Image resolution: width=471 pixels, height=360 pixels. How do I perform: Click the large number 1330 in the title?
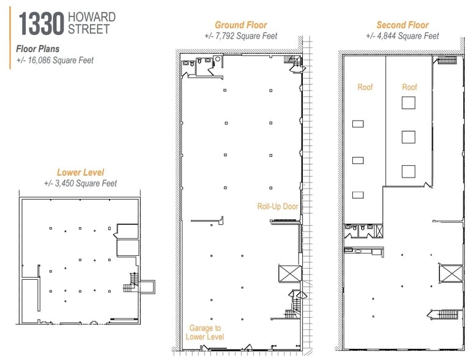click(x=42, y=24)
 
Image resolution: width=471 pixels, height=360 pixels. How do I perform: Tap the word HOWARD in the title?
click(x=92, y=17)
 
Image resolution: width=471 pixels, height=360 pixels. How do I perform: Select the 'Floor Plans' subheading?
click(x=37, y=49)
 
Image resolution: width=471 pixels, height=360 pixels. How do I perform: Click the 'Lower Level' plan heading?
click(x=81, y=172)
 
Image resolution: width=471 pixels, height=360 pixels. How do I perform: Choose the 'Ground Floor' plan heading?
click(x=241, y=24)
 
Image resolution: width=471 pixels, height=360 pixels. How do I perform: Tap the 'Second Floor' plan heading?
click(x=402, y=24)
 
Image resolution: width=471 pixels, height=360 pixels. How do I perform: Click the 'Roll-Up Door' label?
click(x=278, y=206)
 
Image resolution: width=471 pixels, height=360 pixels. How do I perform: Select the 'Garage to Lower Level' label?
click(x=205, y=332)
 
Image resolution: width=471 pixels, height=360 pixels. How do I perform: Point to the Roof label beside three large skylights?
click(x=409, y=87)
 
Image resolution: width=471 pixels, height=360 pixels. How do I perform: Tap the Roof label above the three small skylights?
click(x=365, y=87)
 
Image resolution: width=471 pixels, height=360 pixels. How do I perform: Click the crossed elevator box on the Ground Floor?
click(x=290, y=273)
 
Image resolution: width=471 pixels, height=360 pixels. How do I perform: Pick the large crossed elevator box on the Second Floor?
click(x=451, y=274)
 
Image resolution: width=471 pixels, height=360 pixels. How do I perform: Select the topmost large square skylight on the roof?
click(x=409, y=103)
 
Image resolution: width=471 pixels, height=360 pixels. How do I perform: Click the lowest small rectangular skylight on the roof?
click(x=358, y=195)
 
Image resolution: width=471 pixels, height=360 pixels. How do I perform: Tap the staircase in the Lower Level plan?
click(x=132, y=283)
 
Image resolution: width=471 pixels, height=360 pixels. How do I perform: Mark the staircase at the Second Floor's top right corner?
click(x=447, y=60)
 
